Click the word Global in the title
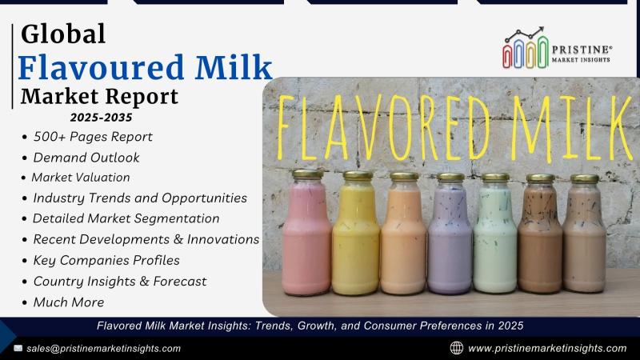click(63, 34)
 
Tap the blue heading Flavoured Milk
click(146, 67)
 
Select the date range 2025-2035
click(102, 118)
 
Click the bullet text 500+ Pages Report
click(93, 137)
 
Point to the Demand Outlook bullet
click(86, 158)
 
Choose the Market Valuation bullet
click(81, 178)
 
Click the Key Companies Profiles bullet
click(106, 261)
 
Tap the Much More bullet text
click(69, 302)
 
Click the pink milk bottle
click(306, 233)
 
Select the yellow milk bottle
click(356, 234)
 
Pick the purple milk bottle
click(450, 234)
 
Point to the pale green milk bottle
click(494, 234)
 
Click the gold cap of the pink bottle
click(308, 174)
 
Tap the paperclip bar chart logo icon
click(526, 48)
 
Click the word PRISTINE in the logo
click(582, 50)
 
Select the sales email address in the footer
click(104, 349)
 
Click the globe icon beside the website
click(456, 348)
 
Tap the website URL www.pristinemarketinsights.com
click(547, 349)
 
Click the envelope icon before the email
click(18, 348)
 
